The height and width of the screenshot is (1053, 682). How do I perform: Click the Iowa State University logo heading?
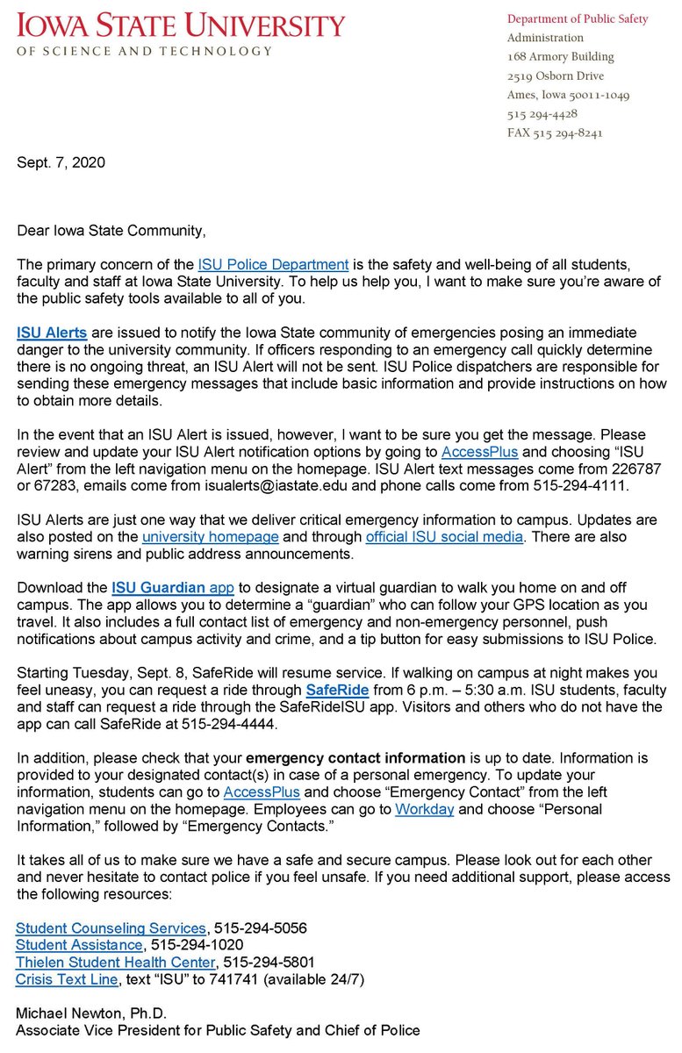point(180,25)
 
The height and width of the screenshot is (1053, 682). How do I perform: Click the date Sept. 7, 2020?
point(61,162)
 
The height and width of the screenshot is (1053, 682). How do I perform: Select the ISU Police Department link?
point(273,264)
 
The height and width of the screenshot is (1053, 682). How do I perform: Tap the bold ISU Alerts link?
point(52,333)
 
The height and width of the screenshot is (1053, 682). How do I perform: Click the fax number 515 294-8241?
point(555,133)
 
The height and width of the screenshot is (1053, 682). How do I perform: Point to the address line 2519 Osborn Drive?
point(555,76)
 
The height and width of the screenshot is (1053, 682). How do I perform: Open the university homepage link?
point(210,536)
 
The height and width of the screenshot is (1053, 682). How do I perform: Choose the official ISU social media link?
point(444,536)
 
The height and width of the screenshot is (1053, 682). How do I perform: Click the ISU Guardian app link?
point(167,587)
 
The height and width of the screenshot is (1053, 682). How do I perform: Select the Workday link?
point(424,809)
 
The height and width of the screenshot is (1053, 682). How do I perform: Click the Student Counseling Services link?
point(111,928)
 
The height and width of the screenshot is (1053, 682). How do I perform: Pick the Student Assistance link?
point(79,945)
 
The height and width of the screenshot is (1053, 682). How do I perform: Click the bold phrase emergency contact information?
point(355,758)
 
